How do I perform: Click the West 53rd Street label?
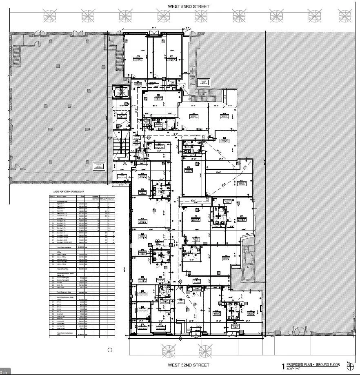188,7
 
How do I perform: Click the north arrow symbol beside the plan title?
349,365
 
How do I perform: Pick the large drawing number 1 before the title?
282,366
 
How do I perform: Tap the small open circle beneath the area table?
110,350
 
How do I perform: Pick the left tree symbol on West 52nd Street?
169,351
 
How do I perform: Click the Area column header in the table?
87,196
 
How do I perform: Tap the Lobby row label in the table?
55,300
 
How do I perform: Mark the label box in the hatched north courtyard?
202,82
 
